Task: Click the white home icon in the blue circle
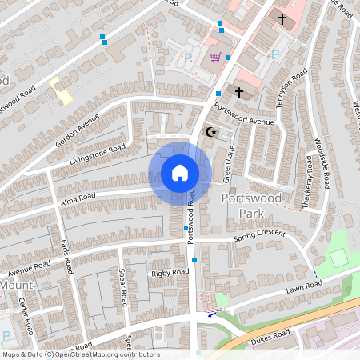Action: pyautogui.click(x=180, y=173)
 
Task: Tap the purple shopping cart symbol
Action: pyautogui.click(x=215, y=56)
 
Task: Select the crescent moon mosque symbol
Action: pyautogui.click(x=211, y=131)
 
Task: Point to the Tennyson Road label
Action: pyautogui.click(x=294, y=86)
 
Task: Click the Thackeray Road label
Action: pyautogui.click(x=308, y=182)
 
